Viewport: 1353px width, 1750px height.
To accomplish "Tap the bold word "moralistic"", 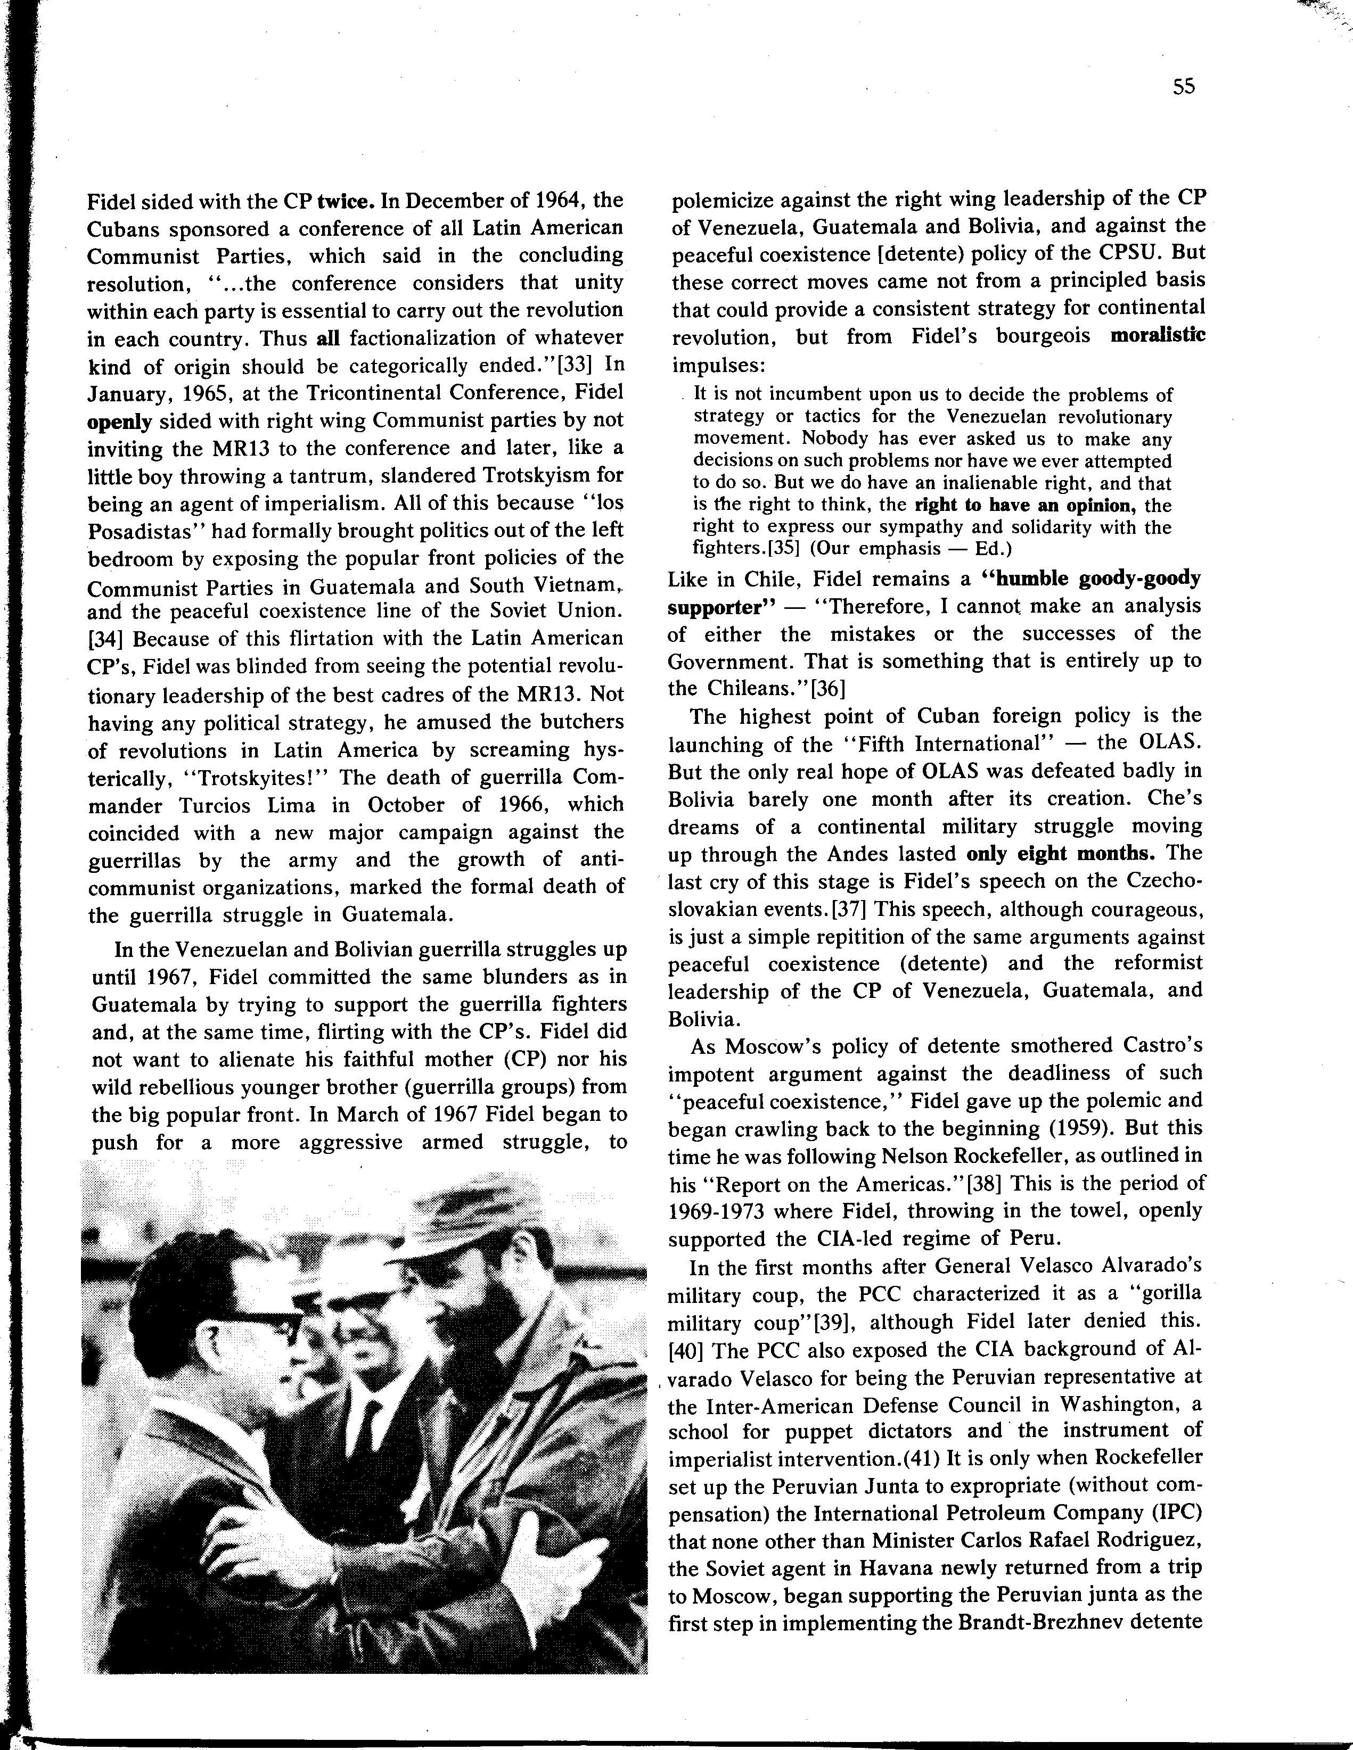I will pyautogui.click(x=1158, y=336).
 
